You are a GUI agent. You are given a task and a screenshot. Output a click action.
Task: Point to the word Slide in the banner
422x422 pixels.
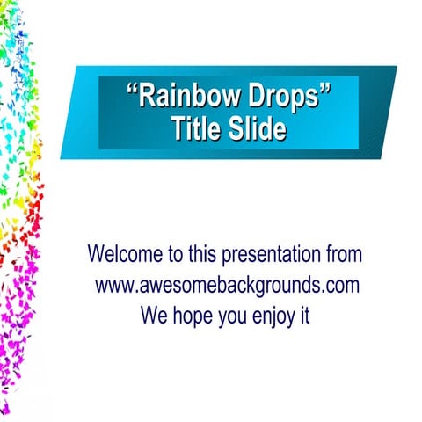tap(253, 130)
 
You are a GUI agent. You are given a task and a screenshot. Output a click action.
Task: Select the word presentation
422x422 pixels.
tap(270, 256)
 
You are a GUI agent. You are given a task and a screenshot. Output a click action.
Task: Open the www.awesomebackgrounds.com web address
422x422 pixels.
tap(227, 286)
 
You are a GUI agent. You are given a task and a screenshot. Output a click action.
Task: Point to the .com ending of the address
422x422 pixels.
tap(341, 286)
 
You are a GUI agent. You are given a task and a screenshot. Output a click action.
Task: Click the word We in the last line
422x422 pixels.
tap(155, 315)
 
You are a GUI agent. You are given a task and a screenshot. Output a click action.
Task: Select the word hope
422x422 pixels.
tap(194, 316)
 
